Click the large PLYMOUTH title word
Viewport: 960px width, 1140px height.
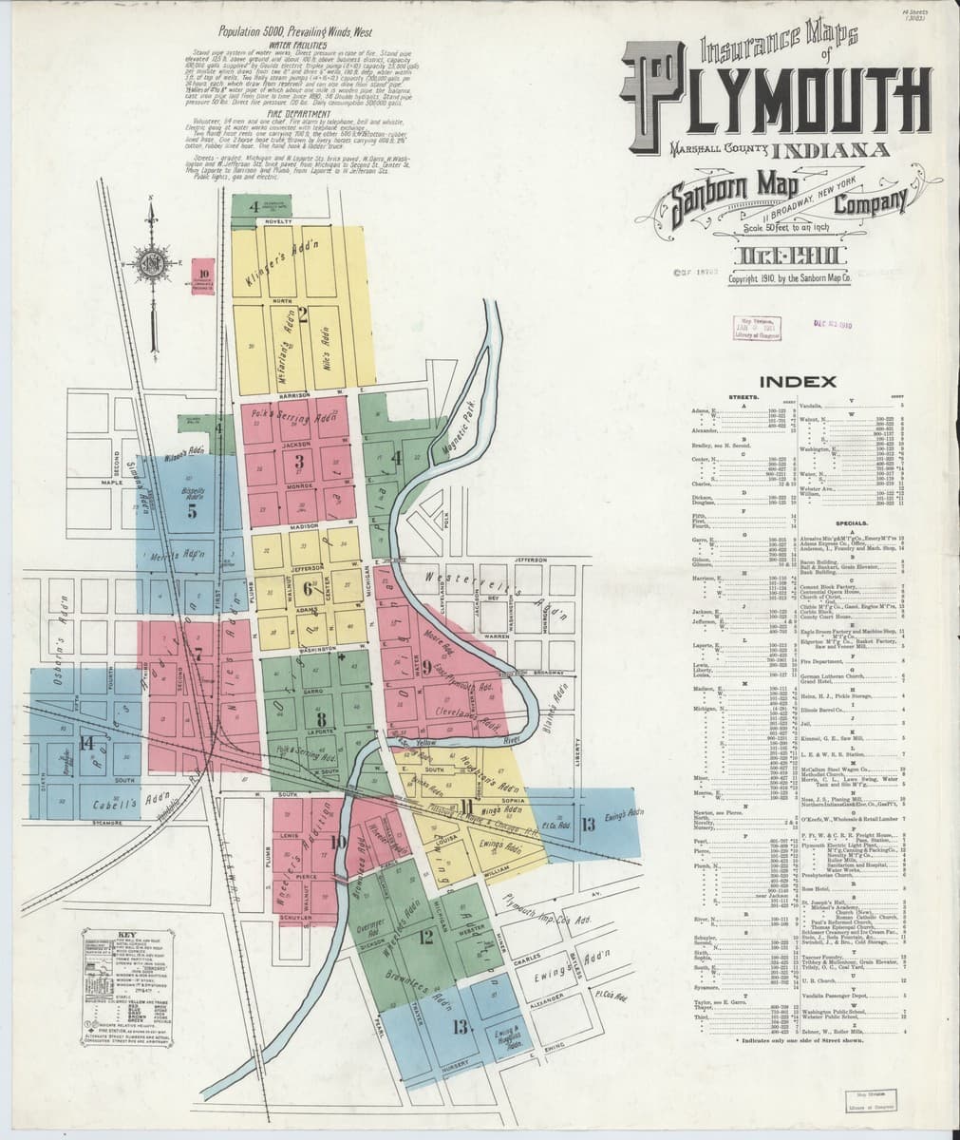774,94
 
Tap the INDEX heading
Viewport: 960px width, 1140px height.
798,382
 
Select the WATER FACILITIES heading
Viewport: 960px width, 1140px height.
297,45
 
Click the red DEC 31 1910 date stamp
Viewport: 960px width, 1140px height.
833,323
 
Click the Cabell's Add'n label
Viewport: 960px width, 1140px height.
118,805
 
